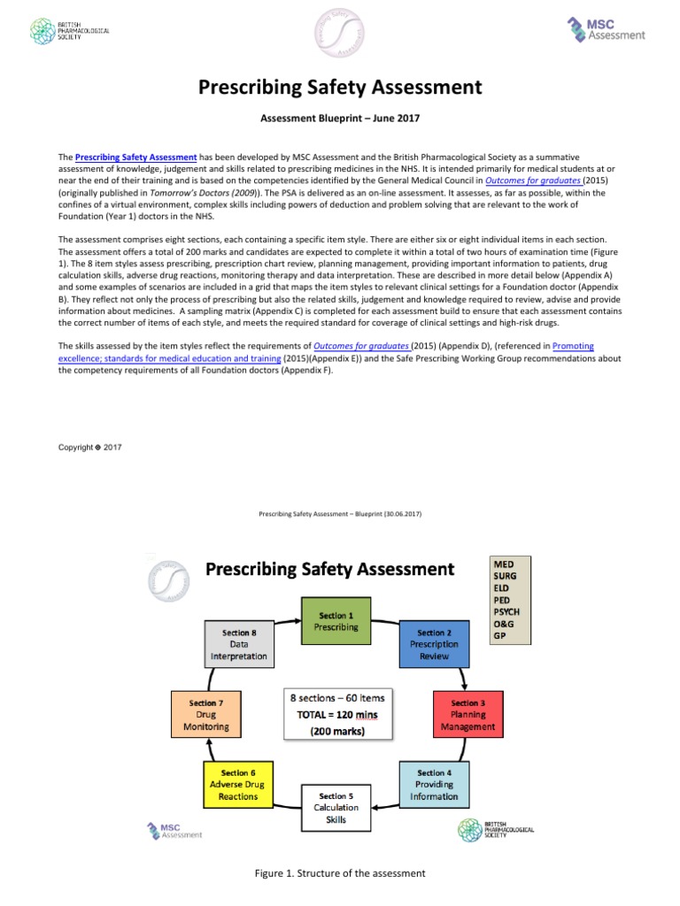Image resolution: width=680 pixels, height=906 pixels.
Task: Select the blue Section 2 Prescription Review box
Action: click(434, 643)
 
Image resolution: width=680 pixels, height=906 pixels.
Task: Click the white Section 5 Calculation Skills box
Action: click(336, 807)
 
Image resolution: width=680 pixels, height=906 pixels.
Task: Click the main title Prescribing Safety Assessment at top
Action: click(339, 87)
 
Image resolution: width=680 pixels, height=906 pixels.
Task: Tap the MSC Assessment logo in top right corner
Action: click(606, 30)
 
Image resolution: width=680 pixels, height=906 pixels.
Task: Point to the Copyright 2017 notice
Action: click(89, 447)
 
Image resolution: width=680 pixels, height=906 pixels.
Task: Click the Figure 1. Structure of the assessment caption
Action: click(340, 873)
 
